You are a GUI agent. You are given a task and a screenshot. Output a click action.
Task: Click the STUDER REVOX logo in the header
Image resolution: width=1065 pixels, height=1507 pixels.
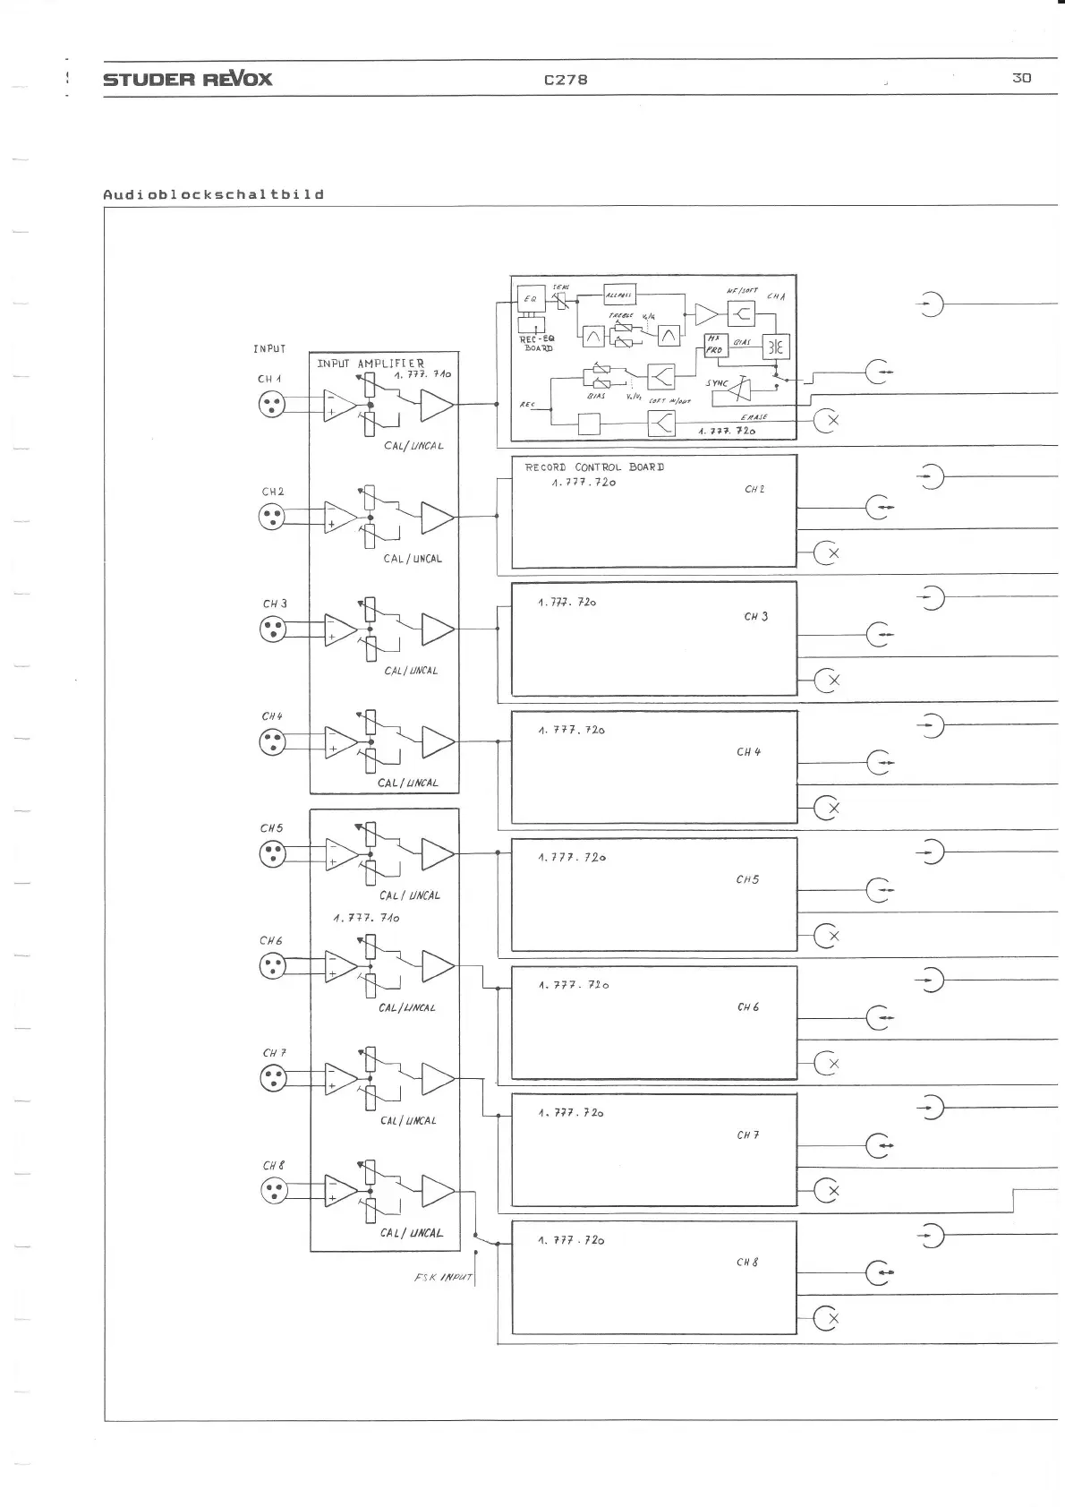187,79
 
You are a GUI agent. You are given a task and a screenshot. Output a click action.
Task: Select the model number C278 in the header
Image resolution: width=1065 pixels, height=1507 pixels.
566,79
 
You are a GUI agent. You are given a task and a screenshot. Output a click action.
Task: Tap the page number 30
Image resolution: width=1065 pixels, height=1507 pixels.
1021,78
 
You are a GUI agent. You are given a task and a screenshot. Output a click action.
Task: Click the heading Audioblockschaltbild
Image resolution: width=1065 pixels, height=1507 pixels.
213,194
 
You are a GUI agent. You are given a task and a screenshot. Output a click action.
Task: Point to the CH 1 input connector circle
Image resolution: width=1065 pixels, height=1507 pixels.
272,406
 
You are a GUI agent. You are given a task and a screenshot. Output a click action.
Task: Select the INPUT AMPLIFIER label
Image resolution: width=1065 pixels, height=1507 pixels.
371,364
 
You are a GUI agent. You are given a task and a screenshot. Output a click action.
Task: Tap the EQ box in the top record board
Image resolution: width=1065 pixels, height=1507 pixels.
531,298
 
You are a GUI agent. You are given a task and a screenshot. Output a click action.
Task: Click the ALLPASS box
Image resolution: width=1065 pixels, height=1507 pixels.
618,295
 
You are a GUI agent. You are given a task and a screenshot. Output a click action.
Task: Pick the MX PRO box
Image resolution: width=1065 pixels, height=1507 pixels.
714,345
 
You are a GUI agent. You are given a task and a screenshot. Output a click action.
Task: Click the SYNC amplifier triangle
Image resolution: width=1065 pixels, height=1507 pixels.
739,389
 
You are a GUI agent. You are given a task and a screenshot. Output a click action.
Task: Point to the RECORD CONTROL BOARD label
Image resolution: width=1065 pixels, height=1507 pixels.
594,467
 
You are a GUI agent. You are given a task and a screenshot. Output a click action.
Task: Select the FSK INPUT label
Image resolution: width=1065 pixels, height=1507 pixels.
443,1277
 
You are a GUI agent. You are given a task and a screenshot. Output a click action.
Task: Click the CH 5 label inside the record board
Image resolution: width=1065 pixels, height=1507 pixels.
747,879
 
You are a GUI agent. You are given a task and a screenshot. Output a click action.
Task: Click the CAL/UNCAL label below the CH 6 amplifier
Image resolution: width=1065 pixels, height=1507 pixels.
407,1007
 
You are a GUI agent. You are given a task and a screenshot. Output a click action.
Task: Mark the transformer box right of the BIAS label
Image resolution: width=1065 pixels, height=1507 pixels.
775,347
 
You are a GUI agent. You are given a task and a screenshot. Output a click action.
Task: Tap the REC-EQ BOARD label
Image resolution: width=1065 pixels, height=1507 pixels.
537,343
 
